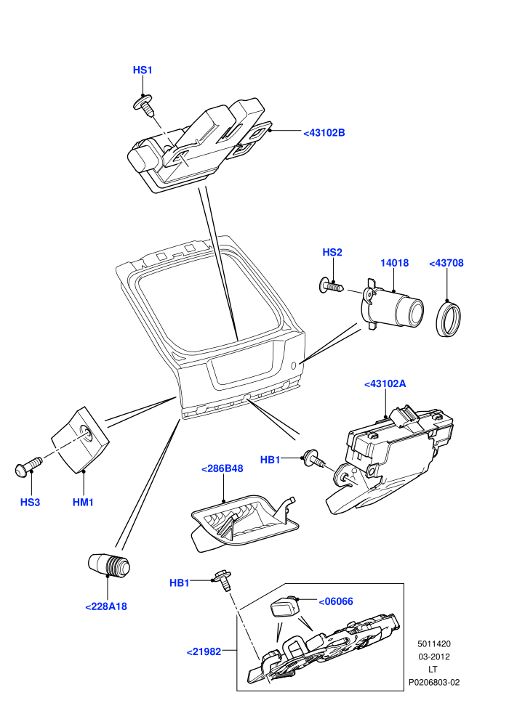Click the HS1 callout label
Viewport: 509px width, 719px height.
coord(143,70)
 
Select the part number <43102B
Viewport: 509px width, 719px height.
coord(324,133)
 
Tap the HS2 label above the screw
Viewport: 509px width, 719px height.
coord(332,252)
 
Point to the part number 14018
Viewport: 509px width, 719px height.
coord(394,263)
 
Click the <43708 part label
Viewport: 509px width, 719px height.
coord(446,263)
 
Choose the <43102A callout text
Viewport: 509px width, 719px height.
coord(385,383)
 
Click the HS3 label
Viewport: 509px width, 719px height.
coord(31,502)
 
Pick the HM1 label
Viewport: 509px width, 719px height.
coord(83,502)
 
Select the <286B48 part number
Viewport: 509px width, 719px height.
coord(223,469)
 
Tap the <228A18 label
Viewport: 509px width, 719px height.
coord(106,606)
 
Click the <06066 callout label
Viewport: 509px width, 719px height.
coord(336,601)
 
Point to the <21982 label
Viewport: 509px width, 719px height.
coord(204,651)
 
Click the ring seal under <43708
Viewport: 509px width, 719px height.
coord(448,317)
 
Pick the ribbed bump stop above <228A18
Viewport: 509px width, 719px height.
coord(109,565)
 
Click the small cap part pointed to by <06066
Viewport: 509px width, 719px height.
coord(284,606)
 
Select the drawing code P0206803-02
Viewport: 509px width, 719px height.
coord(434,683)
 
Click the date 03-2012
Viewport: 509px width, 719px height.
coord(434,657)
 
